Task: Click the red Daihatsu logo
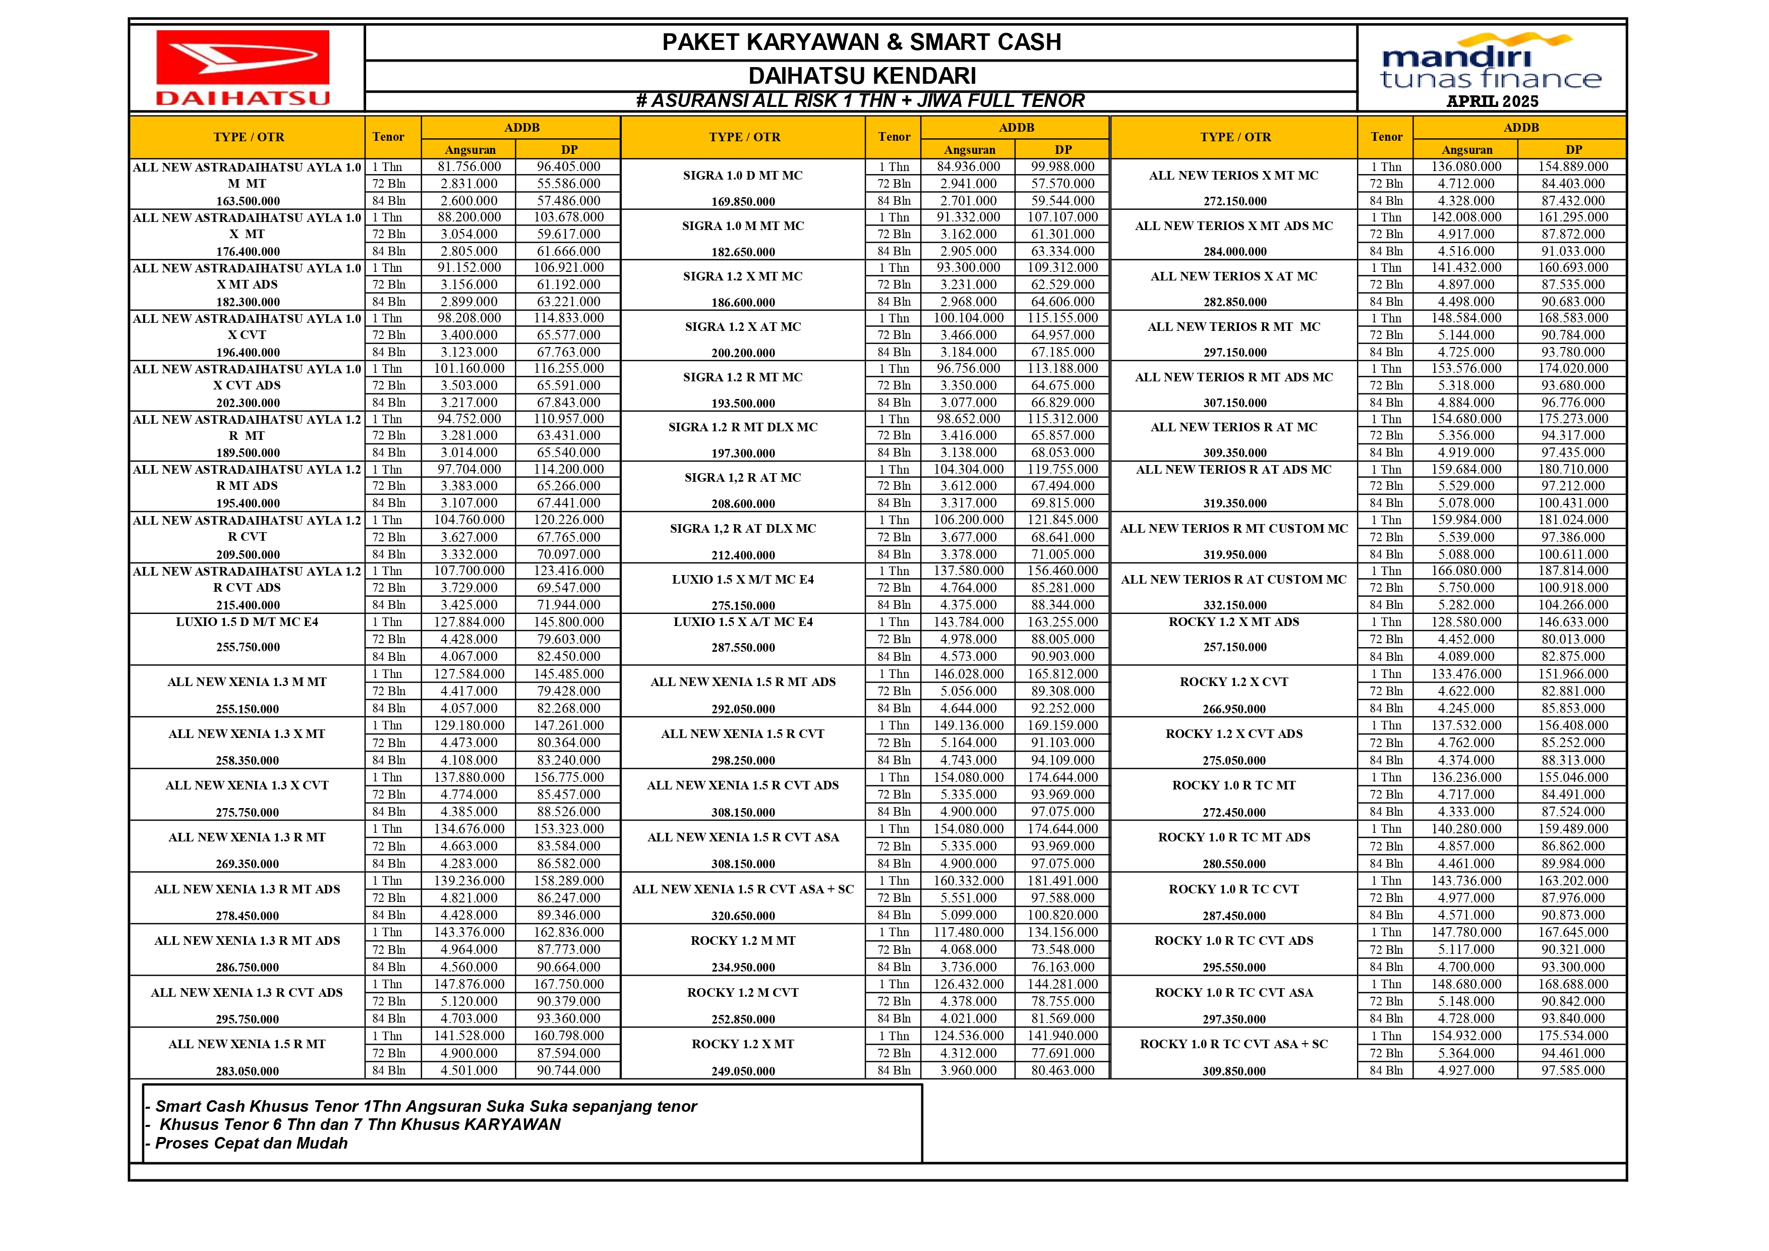pos(244,67)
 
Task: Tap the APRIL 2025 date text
pos(1492,101)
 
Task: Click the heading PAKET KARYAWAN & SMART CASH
pos(861,42)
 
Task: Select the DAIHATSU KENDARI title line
pos(861,76)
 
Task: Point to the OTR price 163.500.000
pos(247,201)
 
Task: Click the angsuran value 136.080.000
pos(1465,166)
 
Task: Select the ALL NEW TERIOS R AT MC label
pos(1233,427)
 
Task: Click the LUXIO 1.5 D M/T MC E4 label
pos(247,622)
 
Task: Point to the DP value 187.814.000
pos(1572,571)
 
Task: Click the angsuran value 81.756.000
pos(468,166)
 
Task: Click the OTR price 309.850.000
pos(1233,1071)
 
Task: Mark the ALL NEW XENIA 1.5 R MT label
pos(247,1044)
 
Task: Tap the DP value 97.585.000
pos(1572,1070)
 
